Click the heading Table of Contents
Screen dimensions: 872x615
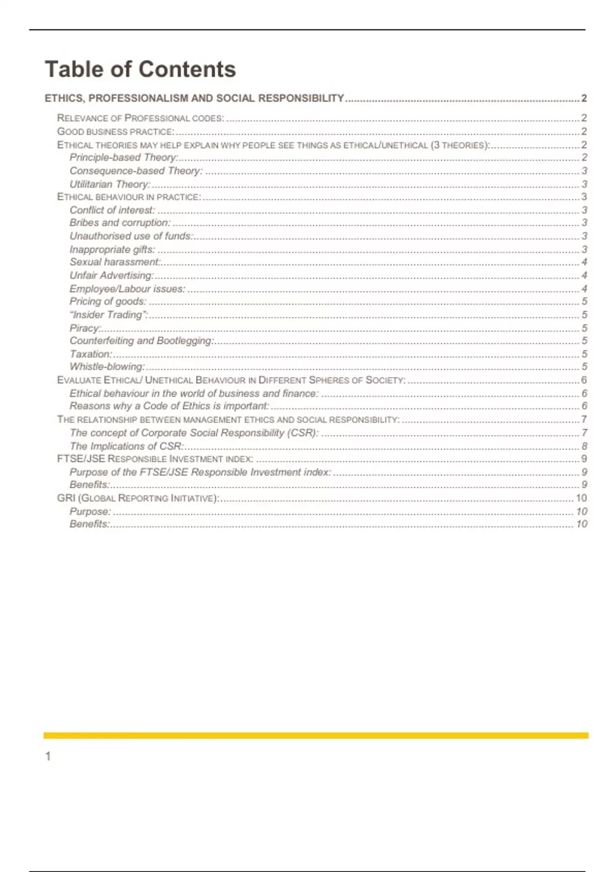[140, 69]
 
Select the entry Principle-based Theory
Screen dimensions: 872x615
[124, 157]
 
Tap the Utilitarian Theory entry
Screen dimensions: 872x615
[110, 184]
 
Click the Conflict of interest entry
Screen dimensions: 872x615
[112, 210]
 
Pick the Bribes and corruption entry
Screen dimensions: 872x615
[120, 223]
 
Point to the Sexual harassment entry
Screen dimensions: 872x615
[115, 262]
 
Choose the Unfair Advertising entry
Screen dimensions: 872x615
[112, 275]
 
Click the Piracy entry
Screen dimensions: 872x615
[85, 328]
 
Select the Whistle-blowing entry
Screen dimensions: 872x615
[107, 367]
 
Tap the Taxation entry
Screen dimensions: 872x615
[91, 354]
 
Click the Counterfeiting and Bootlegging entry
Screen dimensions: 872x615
[141, 341]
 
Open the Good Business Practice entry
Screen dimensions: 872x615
[115, 132]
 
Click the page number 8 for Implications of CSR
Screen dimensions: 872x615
[584, 446]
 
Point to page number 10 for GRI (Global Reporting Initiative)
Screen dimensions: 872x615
[581, 498]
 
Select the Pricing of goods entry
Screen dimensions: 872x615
[108, 301]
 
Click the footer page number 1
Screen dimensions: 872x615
[48, 756]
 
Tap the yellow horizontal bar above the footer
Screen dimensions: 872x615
[316, 736]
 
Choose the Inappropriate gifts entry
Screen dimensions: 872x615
[112, 249]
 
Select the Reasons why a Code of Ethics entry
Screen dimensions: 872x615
[169, 406]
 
